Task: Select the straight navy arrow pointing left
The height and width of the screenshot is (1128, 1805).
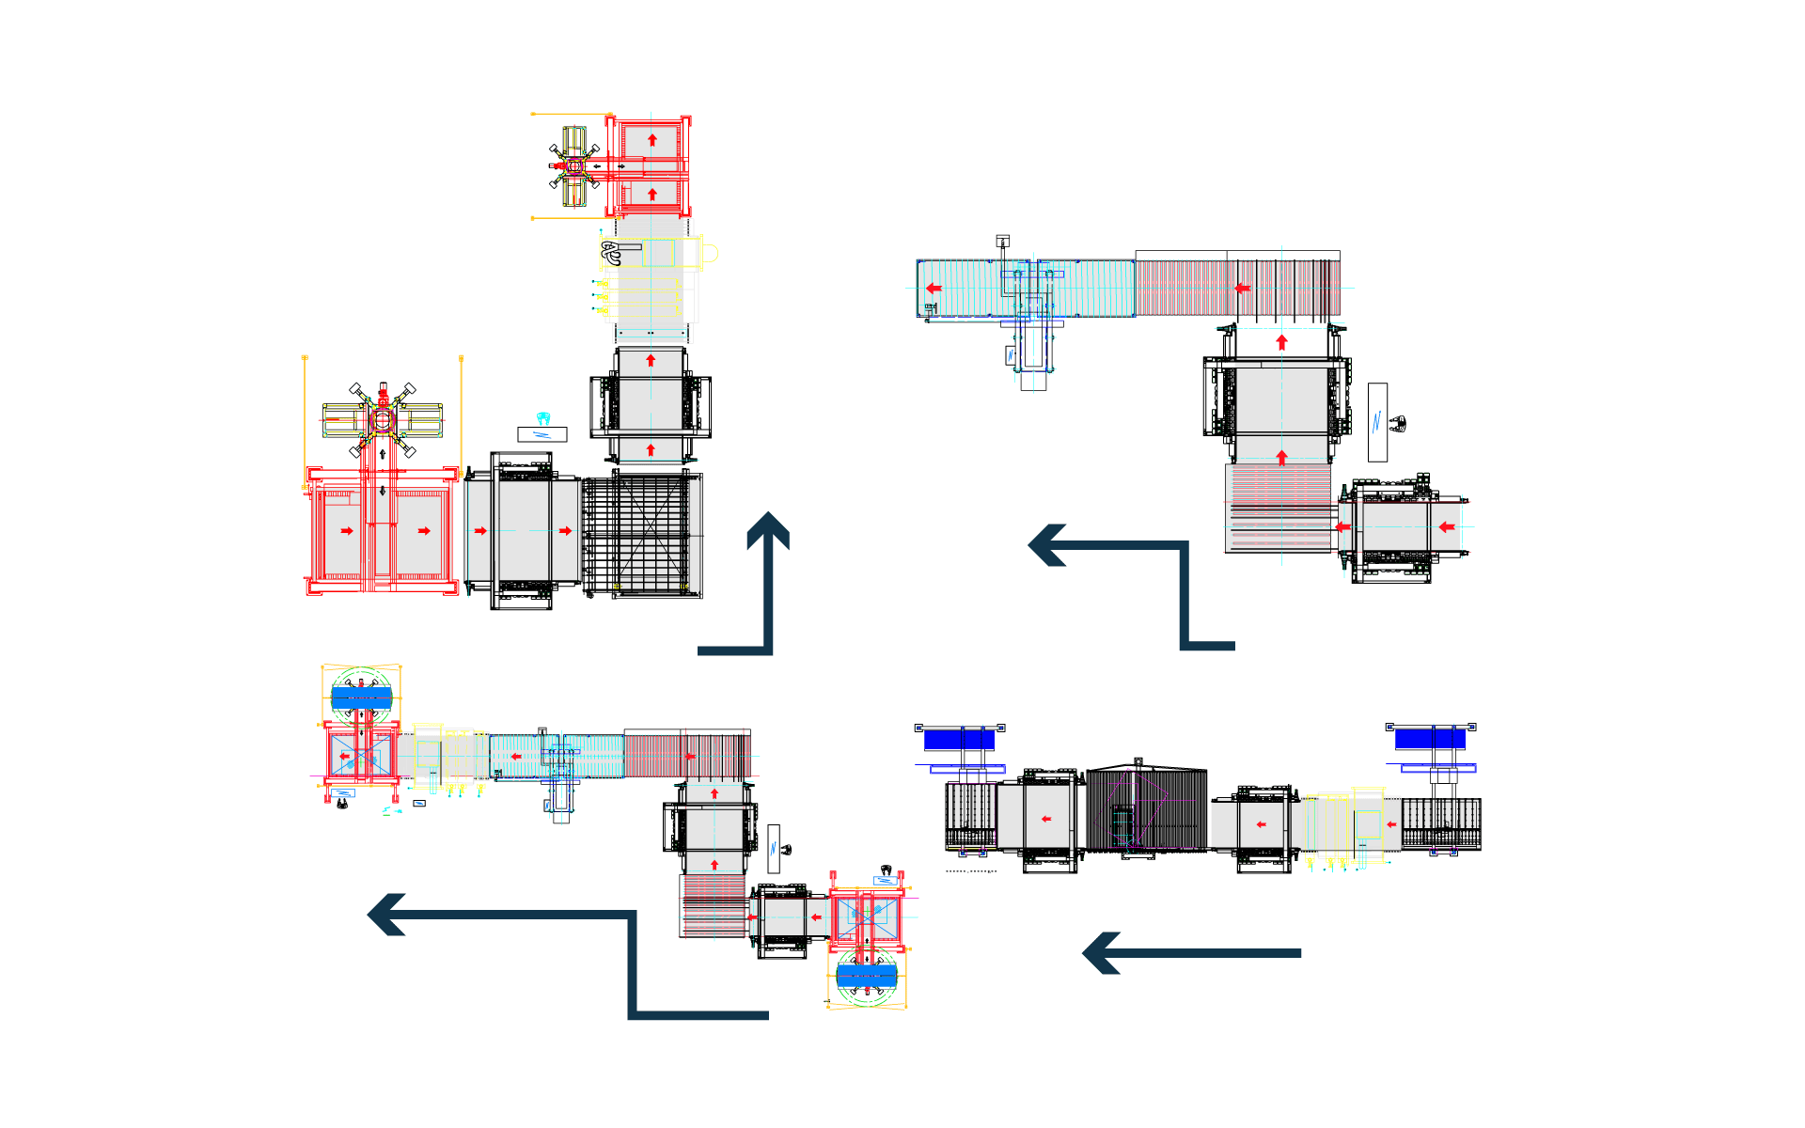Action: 1192,953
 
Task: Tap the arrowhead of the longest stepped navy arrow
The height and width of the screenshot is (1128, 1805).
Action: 386,915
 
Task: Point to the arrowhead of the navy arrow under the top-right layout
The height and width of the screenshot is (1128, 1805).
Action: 1047,545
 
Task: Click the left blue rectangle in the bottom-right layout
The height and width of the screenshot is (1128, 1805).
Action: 959,740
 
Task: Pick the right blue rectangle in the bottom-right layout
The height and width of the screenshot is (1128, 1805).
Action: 1430,739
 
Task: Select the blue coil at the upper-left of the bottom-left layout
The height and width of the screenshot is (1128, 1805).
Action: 362,697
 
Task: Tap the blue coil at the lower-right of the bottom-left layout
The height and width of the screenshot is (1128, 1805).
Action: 867,975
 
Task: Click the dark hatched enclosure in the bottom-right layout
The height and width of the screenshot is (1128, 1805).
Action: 1147,809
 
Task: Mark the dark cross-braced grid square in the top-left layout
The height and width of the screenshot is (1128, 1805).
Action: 643,534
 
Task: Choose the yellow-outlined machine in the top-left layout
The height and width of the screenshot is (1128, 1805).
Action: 649,277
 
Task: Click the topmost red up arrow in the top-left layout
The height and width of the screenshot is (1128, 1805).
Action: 652,140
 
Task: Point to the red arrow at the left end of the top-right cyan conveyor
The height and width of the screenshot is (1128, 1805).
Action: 934,289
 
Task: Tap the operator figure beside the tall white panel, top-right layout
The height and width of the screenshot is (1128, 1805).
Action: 1399,424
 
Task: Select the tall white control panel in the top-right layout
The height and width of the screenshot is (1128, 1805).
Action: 1377,422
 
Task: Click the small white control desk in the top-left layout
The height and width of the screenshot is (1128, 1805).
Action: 542,434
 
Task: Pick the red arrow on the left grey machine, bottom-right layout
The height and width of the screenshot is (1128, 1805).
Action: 1046,820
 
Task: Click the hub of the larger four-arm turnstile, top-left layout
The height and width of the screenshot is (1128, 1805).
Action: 383,420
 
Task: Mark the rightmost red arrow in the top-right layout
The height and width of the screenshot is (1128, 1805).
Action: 1447,527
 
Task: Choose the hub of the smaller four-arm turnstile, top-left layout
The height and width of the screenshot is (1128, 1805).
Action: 575,166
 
